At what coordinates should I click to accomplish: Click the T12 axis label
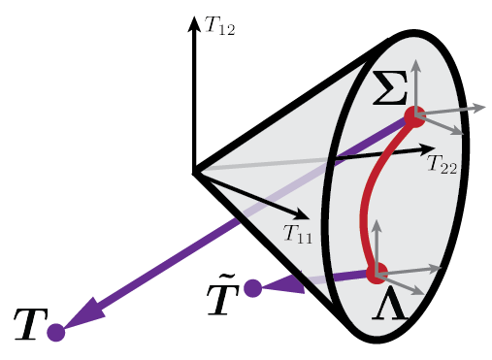[x=219, y=26]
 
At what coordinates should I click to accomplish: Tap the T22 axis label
[x=442, y=166]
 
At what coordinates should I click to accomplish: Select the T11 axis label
[x=298, y=233]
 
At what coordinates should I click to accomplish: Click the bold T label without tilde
[x=30, y=328]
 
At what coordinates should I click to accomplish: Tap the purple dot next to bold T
[x=55, y=333]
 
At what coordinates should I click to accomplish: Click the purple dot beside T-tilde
[x=252, y=288]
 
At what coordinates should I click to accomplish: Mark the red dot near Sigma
[x=414, y=117]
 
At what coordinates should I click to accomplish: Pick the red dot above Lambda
[x=377, y=273]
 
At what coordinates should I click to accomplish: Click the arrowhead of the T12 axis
[x=194, y=22]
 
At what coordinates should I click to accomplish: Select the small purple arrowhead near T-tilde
[x=279, y=284]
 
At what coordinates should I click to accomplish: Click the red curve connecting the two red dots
[x=368, y=199]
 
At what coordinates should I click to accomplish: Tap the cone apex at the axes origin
[x=195, y=173]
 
